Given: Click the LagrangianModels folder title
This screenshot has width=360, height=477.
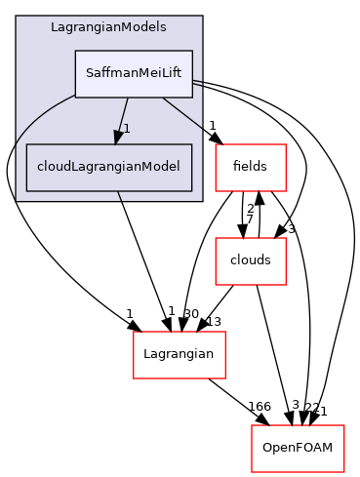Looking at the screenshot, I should click(108, 26).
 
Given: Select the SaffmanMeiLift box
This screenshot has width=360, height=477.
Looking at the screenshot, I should click(134, 73).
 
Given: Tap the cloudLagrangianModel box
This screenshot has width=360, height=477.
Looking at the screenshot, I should click(108, 166).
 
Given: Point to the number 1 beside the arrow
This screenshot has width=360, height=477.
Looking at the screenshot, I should click(127, 129).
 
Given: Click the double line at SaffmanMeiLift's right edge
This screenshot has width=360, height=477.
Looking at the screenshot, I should click(197, 83).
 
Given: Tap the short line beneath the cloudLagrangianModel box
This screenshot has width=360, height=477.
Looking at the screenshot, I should click(119, 196).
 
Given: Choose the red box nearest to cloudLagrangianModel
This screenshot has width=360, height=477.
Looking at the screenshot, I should click(250, 168).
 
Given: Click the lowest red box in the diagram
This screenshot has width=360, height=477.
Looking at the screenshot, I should click(298, 449).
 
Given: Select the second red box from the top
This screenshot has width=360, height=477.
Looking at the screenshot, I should click(250, 261).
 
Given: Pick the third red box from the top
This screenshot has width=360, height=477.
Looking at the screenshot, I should click(179, 355).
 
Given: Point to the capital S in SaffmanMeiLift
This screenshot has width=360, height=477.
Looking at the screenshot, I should click(91, 73).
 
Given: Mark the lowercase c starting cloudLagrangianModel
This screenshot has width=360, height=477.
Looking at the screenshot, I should click(40, 166).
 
